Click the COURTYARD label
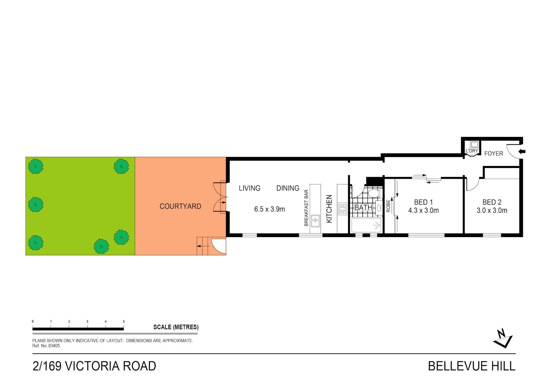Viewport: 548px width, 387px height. click(180, 206)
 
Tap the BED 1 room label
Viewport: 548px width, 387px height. click(423, 202)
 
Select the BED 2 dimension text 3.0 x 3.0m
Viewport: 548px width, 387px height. click(492, 210)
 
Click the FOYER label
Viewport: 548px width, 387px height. click(493, 153)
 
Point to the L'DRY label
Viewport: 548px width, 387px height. click(472, 151)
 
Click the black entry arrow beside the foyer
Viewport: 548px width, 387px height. click(522, 151)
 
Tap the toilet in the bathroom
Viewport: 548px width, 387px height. click(374, 193)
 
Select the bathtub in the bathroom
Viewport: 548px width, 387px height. click(366, 225)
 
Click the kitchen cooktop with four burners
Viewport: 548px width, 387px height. click(342, 208)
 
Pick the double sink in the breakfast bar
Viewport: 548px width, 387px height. click(315, 221)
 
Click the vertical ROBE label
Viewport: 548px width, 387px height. click(388, 206)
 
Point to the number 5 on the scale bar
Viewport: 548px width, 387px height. click(124, 321)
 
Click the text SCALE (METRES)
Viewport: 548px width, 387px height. click(176, 327)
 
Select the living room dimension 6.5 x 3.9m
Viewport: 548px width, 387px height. click(269, 209)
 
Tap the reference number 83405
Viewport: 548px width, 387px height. click(54, 346)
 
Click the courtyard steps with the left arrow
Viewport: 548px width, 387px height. click(203, 246)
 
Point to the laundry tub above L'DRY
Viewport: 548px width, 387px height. click(474, 144)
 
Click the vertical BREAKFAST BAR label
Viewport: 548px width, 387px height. click(306, 208)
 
